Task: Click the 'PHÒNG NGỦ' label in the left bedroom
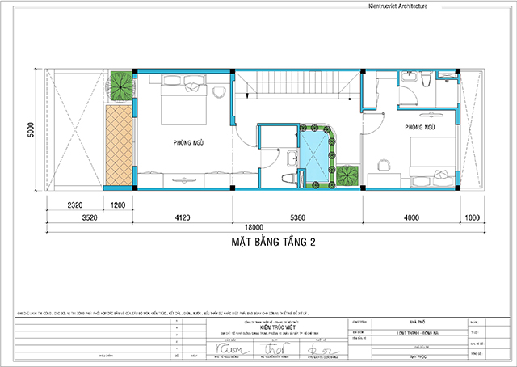187,143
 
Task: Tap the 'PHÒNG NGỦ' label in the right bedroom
421,128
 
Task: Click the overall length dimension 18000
246,227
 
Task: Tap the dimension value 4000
412,217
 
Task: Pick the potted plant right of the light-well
348,175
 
